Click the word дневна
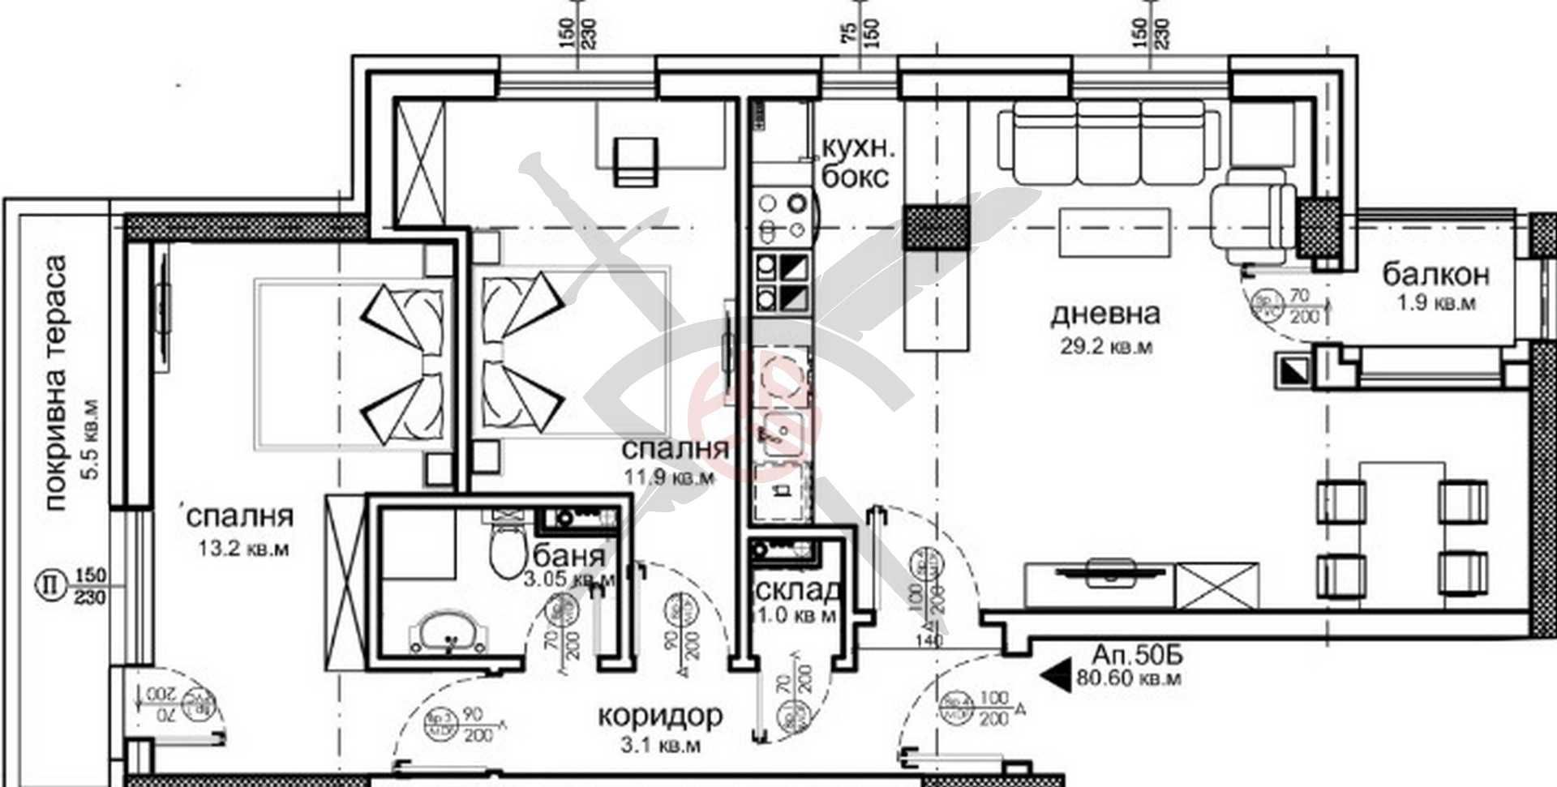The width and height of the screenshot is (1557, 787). [1104, 314]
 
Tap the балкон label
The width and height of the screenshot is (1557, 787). [1435, 275]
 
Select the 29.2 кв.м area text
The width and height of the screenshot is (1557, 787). [1106, 347]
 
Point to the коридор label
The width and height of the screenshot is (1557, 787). [660, 716]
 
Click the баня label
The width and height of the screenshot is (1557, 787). [569, 556]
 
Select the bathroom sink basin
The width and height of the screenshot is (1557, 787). [448, 631]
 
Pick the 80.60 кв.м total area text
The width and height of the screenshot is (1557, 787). [1128, 678]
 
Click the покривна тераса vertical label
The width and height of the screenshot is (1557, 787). [55, 383]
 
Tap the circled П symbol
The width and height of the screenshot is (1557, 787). [50, 584]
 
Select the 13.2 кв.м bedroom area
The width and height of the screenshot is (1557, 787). [243, 550]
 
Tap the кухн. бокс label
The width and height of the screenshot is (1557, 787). [858, 162]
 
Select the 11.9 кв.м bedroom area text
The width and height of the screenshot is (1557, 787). [668, 477]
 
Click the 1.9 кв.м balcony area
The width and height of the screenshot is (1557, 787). [1435, 304]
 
